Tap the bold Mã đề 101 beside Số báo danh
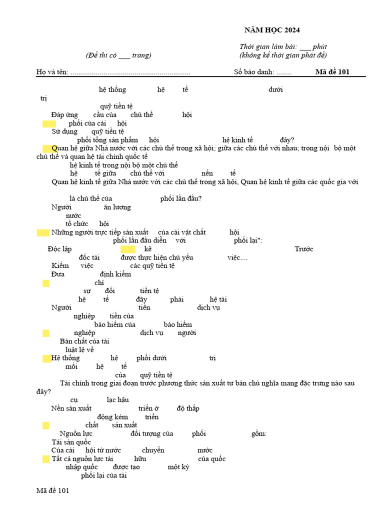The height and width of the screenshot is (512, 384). (x=332, y=71)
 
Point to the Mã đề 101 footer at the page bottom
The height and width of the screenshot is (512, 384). (x=52, y=490)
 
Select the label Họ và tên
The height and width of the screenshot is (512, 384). (x=52, y=71)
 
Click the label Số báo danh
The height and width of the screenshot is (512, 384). (x=254, y=71)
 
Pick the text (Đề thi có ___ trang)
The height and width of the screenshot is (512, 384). (x=118, y=55)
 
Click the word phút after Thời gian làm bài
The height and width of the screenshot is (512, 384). (x=319, y=46)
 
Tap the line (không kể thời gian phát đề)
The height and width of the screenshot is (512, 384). (x=283, y=55)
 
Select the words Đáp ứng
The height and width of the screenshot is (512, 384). (x=65, y=114)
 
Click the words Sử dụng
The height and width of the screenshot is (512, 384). (x=64, y=131)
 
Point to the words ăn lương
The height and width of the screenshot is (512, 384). (x=117, y=207)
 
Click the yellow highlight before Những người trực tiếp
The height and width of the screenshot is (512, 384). (x=43, y=232)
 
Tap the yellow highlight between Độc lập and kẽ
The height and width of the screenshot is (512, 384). (x=128, y=249)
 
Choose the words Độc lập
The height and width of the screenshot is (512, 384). (x=59, y=249)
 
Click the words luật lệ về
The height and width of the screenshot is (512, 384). (x=80, y=349)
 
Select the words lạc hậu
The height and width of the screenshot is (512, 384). (x=118, y=399)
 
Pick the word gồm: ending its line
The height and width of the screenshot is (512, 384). (x=258, y=433)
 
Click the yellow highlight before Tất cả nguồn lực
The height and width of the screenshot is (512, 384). (x=46, y=459)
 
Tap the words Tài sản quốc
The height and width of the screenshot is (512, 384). (x=71, y=442)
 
